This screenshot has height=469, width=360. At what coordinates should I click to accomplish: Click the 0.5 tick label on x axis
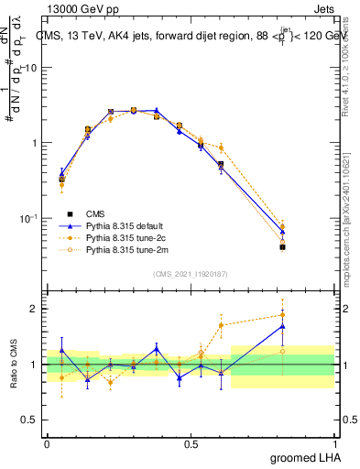191,442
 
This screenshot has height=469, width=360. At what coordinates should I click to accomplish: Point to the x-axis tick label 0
47,442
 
